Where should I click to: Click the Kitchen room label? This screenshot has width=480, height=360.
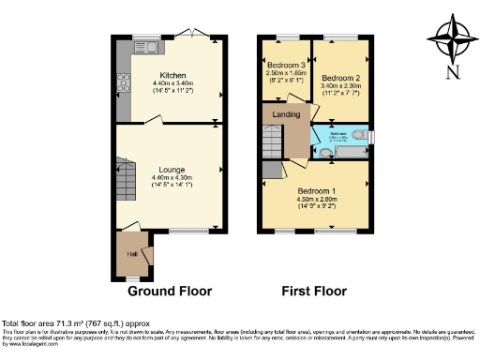(172, 75)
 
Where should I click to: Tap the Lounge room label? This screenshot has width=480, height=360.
(171, 170)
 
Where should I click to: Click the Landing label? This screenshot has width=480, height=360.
(287, 114)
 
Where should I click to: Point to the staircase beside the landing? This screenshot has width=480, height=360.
(273, 143)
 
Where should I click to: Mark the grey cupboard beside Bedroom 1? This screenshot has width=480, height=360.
(272, 170)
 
